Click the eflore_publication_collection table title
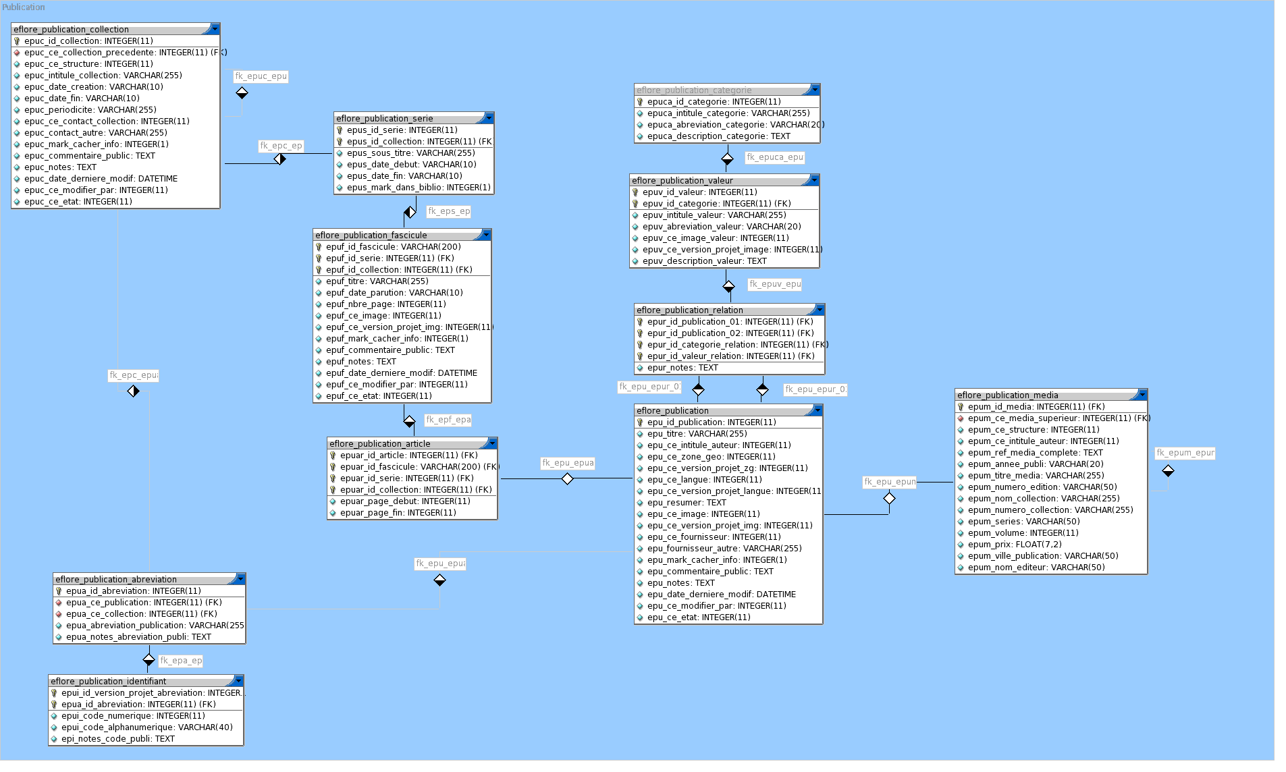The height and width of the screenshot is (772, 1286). (72, 30)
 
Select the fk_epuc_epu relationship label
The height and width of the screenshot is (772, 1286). (261, 76)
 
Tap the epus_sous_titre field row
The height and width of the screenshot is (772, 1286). (410, 153)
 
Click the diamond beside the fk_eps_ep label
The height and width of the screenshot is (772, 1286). (410, 213)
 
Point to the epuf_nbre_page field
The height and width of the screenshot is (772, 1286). (385, 304)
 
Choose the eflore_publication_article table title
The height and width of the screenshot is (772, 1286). (379, 444)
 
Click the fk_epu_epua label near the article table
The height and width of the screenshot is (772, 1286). (568, 463)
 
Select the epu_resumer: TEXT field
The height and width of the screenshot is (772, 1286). (686, 503)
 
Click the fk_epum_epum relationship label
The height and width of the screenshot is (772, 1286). (1185, 453)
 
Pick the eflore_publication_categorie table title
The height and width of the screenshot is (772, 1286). (693, 90)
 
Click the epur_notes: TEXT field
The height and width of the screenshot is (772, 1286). (682, 368)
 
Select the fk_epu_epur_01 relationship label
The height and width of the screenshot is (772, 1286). (649, 387)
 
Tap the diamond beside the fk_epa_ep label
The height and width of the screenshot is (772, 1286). (149, 659)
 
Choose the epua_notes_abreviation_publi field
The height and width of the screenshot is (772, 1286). (138, 637)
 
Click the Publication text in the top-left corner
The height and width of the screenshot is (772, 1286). (24, 7)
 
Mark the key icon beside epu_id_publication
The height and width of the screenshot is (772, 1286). (640, 422)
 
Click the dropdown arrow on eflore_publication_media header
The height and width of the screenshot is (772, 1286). (1142, 395)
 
